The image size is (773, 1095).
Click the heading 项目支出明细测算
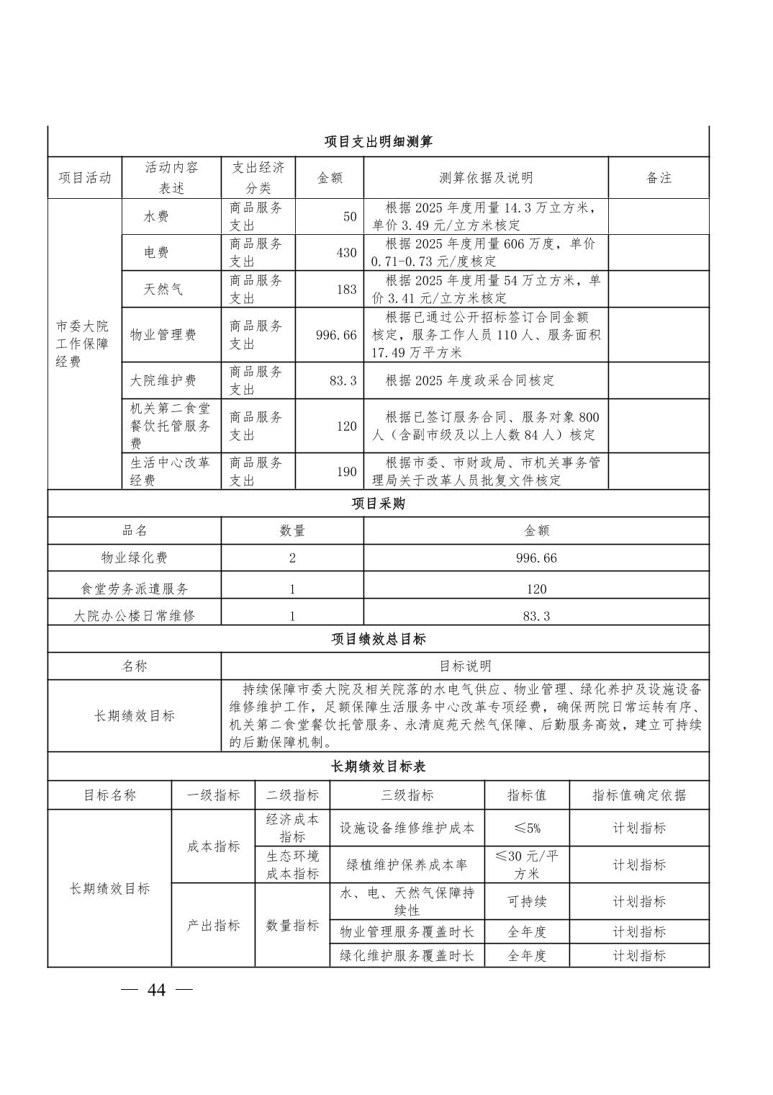[378, 142]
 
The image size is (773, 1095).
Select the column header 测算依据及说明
[486, 178]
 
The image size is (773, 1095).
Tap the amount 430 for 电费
[346, 253]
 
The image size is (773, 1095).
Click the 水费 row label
[156, 217]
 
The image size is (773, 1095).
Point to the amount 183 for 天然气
[346, 290]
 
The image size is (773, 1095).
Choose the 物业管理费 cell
[163, 335]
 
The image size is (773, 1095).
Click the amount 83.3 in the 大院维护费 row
[343, 380]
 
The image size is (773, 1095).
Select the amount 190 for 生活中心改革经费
[346, 472]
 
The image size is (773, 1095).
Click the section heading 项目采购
[378, 504]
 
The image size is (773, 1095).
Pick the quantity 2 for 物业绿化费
[292, 558]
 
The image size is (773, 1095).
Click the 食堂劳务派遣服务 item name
[135, 589]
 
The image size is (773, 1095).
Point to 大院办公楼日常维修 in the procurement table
[135, 616]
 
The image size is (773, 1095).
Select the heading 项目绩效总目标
[378, 639]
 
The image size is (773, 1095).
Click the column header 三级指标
[407, 795]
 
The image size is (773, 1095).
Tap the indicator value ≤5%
[527, 828]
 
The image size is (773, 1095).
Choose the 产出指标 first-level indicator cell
[213, 926]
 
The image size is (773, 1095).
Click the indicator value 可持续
[527, 901]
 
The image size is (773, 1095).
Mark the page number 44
[156, 991]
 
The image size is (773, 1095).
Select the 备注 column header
[659, 178]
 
